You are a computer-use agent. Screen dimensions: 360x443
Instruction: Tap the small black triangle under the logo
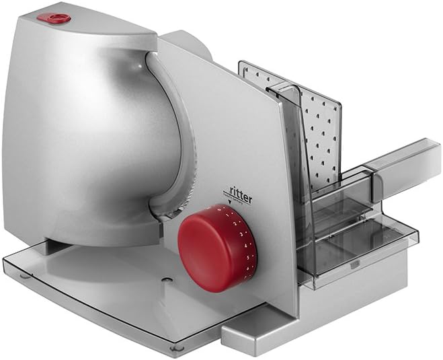(x=231, y=200)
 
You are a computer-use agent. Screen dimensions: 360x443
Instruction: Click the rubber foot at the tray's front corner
(x=177, y=347)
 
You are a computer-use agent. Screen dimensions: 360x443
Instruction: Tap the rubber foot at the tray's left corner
(x=25, y=275)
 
